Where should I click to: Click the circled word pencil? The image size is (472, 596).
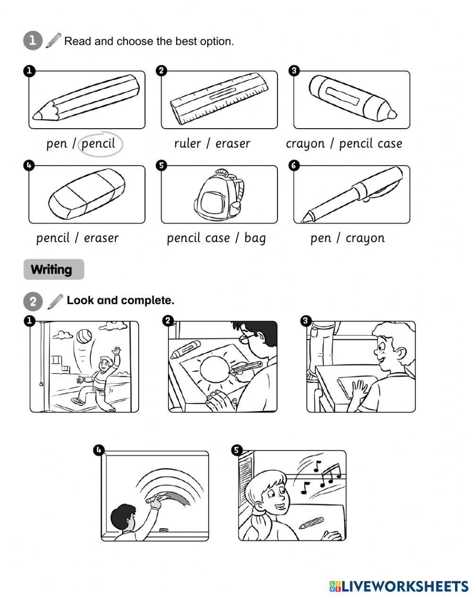point(98,144)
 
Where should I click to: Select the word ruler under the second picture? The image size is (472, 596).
point(187,143)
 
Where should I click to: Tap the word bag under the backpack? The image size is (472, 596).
point(255,238)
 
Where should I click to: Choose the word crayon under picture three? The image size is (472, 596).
point(305,144)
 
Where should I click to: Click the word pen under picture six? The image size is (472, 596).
point(321,239)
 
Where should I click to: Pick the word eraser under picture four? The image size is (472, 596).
point(101,238)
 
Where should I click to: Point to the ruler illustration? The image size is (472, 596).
point(219,99)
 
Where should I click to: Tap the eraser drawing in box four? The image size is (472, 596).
point(87,194)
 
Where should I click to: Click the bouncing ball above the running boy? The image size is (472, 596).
point(84,337)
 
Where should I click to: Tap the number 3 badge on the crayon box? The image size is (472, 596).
point(294,71)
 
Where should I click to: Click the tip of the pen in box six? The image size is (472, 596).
point(303,221)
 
